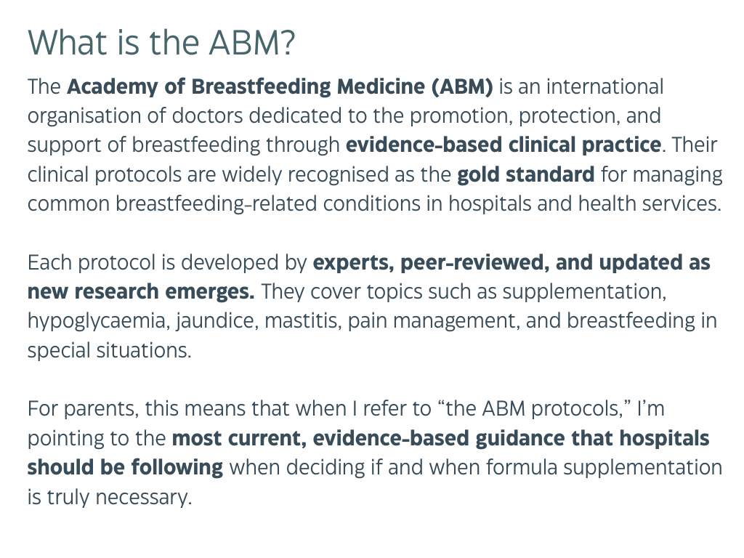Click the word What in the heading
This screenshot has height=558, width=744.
pos(68,43)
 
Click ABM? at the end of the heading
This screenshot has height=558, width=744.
pos(252,43)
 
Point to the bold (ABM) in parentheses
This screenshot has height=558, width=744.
pos(462,87)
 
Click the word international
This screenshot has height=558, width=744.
pos(605,87)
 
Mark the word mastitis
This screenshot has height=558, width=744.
pos(303,321)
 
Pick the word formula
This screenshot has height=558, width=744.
pos(522,468)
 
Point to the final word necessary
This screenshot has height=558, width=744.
pos(144,498)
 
